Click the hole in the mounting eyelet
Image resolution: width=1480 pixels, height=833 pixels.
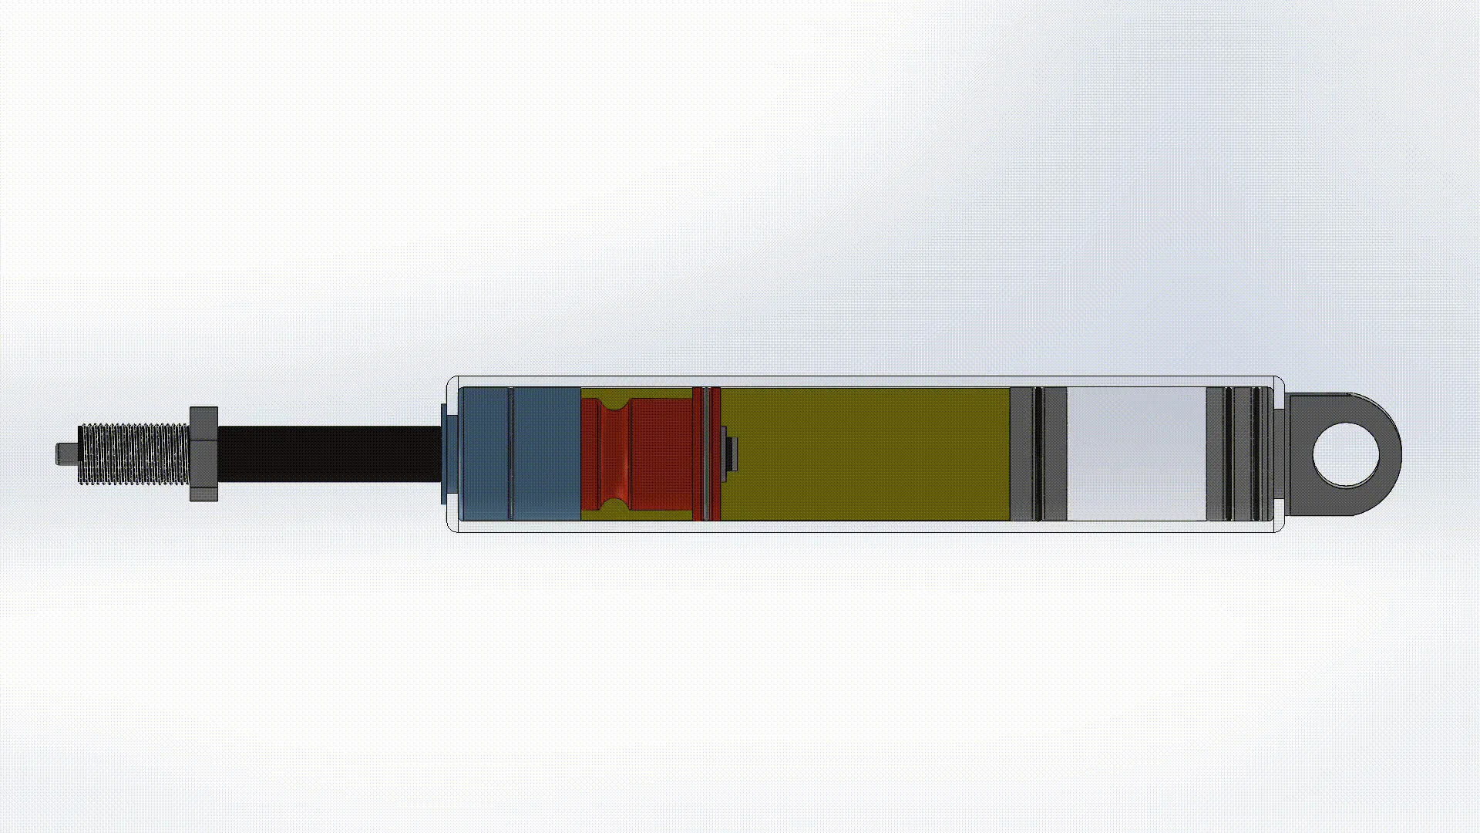(x=1346, y=454)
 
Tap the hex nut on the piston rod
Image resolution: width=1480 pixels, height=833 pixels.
(x=203, y=454)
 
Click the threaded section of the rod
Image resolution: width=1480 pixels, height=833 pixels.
(x=135, y=454)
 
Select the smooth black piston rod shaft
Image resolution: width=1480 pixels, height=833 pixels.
(x=328, y=454)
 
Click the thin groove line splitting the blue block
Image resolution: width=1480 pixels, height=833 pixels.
(x=510, y=454)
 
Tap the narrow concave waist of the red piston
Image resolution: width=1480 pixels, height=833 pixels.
(x=614, y=454)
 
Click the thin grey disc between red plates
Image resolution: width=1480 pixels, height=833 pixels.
(x=707, y=454)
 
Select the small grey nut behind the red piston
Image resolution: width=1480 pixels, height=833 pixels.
(x=732, y=454)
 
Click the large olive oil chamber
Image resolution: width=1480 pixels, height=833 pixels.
(x=863, y=454)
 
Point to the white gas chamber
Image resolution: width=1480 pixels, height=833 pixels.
(x=1136, y=454)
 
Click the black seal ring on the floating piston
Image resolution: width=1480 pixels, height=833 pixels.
(x=1038, y=454)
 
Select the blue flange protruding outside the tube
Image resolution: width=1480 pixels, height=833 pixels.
(x=444, y=454)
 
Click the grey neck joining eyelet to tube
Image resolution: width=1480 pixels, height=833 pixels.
(x=1280, y=454)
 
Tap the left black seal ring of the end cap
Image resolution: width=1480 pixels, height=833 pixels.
(x=1228, y=454)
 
